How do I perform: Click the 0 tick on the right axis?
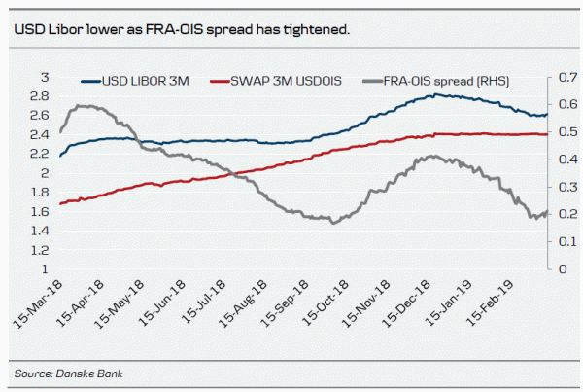coord(562,268)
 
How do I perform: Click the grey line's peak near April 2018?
coord(85,105)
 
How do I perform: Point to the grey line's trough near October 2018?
coord(334,224)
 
